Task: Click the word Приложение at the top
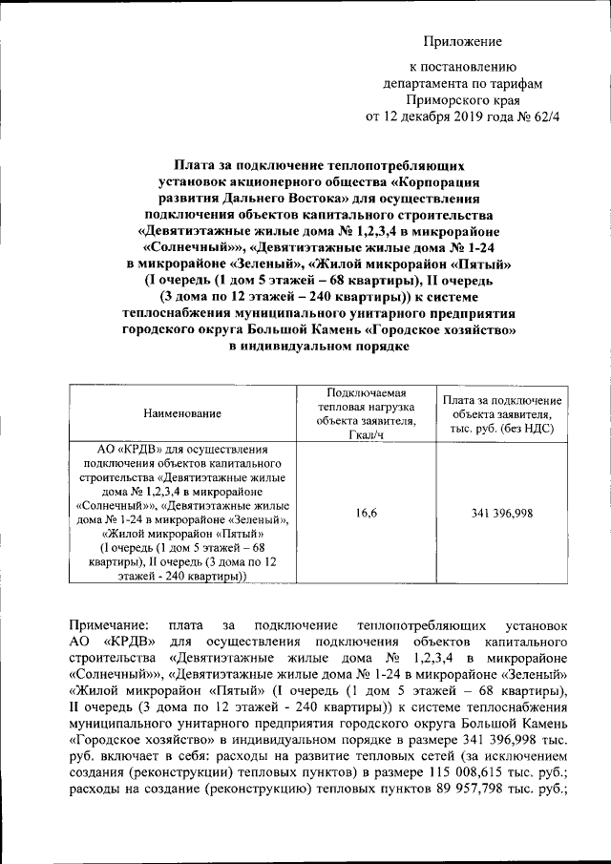coord(462,42)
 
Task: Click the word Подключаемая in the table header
coord(367,392)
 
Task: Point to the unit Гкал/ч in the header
coord(368,435)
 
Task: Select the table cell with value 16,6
coord(368,514)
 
